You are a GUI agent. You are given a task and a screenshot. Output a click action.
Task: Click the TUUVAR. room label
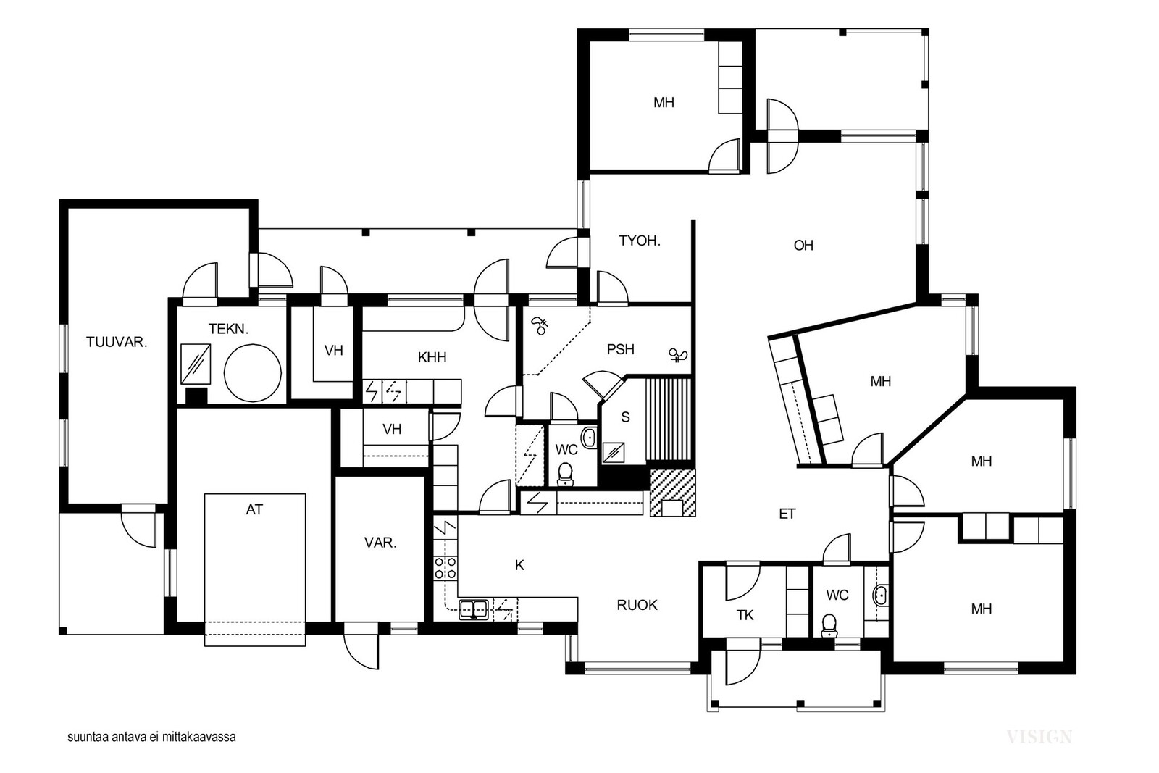[117, 342]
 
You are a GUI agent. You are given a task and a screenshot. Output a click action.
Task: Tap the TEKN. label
[228, 329]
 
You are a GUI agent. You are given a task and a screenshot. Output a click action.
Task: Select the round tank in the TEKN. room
[253, 372]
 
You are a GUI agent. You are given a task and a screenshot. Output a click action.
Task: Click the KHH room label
[432, 357]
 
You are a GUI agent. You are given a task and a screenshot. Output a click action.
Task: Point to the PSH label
[620, 349]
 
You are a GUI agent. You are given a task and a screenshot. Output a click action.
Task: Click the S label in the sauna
[625, 417]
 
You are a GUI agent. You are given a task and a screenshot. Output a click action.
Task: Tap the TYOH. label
[640, 241]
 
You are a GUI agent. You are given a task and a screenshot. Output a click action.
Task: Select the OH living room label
[803, 246]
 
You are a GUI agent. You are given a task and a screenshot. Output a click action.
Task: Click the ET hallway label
[787, 514]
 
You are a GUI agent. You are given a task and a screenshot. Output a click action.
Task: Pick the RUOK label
[637, 605]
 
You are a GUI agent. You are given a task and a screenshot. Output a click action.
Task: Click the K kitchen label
[519, 566]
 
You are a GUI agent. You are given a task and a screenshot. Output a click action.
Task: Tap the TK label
[745, 615]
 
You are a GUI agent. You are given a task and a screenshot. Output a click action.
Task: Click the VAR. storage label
[380, 543]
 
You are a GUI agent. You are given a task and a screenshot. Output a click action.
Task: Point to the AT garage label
[254, 509]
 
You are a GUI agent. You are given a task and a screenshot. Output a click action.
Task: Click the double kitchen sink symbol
[474, 609]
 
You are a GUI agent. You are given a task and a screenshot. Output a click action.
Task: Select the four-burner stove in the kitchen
[445, 567]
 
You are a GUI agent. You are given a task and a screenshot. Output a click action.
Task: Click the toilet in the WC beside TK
[829, 625]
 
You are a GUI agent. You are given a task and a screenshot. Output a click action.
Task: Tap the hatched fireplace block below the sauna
[673, 493]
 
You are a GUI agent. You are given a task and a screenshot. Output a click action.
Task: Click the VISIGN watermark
[1039, 736]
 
